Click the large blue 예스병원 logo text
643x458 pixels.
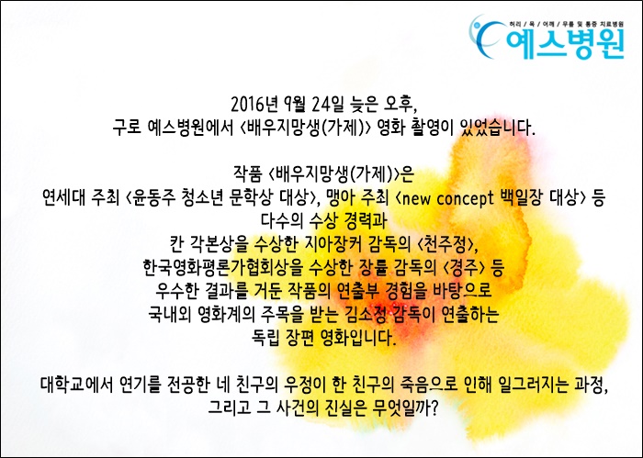pyautogui.click(x=565, y=44)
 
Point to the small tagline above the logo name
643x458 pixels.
pyautogui.click(x=566, y=24)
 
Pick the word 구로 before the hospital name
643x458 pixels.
pyautogui.click(x=127, y=128)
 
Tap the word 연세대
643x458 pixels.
pyautogui.click(x=63, y=198)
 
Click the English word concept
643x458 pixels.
pyautogui.click(x=465, y=198)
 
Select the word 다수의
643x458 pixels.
pyautogui.click(x=282, y=221)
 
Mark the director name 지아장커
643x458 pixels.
pyautogui.click(x=333, y=244)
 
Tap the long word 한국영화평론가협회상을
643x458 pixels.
pyautogui.click(x=221, y=268)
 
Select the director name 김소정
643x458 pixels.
pyautogui.click(x=365, y=315)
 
